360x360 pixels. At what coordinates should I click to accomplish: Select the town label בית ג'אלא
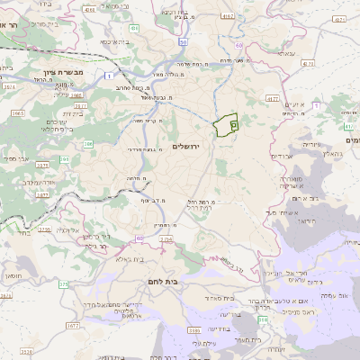(x=131, y=258)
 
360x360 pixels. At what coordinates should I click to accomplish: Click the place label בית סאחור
(x=219, y=298)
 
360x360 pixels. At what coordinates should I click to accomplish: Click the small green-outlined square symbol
(x=233, y=126)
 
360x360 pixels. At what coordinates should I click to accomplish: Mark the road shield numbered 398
(x=263, y=319)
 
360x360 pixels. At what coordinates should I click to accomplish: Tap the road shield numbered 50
(x=183, y=41)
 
